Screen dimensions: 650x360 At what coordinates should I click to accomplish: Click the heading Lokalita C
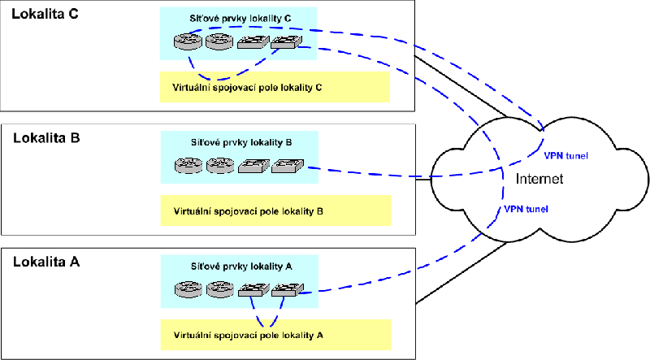coord(45,14)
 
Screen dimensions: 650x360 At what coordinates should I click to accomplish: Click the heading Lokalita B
coord(46,137)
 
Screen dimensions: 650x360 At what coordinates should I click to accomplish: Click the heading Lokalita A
coord(46,262)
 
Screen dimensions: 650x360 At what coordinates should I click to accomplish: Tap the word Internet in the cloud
coord(539,179)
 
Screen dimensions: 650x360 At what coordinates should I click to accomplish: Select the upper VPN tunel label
coord(565,156)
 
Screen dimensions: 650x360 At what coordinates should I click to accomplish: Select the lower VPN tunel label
coord(526,209)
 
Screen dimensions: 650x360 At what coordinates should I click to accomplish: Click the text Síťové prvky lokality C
coord(240,19)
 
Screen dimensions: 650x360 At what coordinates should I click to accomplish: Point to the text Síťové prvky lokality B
coord(241,143)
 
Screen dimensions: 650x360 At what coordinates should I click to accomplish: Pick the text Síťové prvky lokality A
coord(241,267)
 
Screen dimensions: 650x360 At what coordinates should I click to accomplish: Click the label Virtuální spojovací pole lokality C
coord(247,88)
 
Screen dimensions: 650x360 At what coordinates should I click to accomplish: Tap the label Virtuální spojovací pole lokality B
coord(249,211)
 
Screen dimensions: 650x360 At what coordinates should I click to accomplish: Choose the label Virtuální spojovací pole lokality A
coord(249,335)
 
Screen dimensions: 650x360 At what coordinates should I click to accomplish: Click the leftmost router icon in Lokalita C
coord(188,41)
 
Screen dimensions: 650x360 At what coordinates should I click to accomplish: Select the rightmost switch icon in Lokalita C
coord(287,42)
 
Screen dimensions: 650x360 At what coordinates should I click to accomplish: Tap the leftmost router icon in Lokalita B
coord(189,166)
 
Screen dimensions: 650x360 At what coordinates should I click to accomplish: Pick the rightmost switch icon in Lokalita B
coord(288,166)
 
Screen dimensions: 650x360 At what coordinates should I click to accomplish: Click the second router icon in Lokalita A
coord(220,289)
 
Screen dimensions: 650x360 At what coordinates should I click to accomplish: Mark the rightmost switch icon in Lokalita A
coord(288,290)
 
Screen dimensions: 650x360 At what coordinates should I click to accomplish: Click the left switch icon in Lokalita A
coord(254,290)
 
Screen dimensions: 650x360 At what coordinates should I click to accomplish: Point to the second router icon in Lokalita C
coord(219,41)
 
